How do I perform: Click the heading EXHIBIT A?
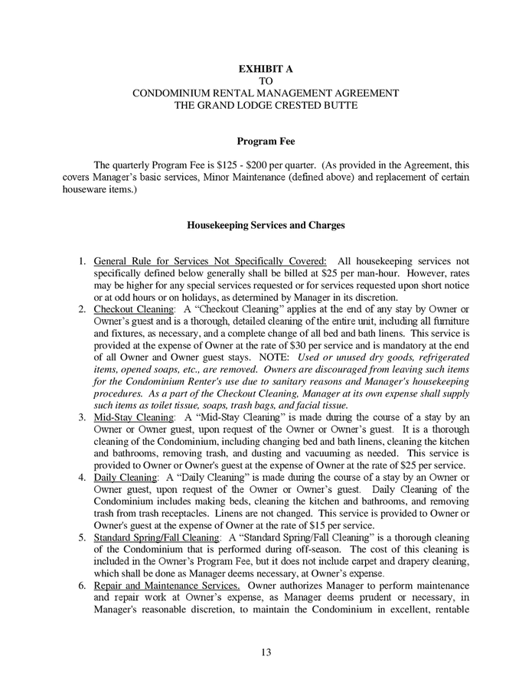pyautogui.click(x=266, y=69)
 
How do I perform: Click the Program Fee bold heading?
pyautogui.click(x=266, y=142)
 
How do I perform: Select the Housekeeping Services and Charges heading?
pyautogui.click(x=266, y=226)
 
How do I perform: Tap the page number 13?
pyautogui.click(x=266, y=652)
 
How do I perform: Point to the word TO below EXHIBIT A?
pyautogui.click(x=266, y=80)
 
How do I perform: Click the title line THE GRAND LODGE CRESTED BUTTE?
pyautogui.click(x=266, y=104)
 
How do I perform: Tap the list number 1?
pyautogui.click(x=83, y=261)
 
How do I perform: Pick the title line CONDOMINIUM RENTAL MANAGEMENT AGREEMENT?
pyautogui.click(x=266, y=93)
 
